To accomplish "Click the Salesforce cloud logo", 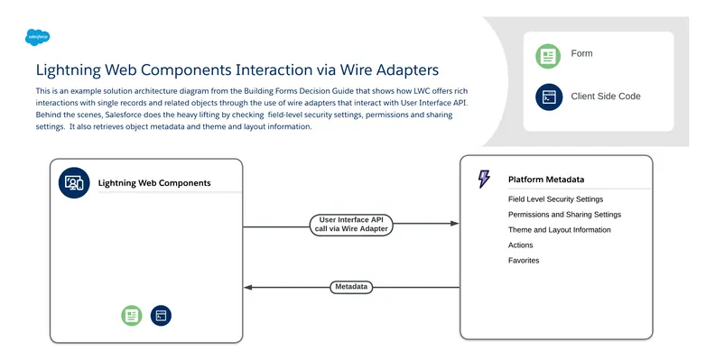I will point(37,38).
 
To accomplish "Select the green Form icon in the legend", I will point(548,56).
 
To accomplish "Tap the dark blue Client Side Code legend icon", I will point(548,97).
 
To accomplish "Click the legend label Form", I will point(581,54).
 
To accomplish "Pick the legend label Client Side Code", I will point(606,96).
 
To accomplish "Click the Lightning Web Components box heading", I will point(154,183).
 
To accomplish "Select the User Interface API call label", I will point(355,225).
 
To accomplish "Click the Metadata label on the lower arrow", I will point(351,287).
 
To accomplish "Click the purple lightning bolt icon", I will point(484,179).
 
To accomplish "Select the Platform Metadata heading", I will point(545,180).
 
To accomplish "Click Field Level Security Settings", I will point(555,199).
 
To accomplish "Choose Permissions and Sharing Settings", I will point(564,215).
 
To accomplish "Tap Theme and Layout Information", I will point(559,230).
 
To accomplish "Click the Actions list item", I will point(520,245).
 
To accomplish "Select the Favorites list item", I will point(524,261).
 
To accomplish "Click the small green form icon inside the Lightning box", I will point(132,315).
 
